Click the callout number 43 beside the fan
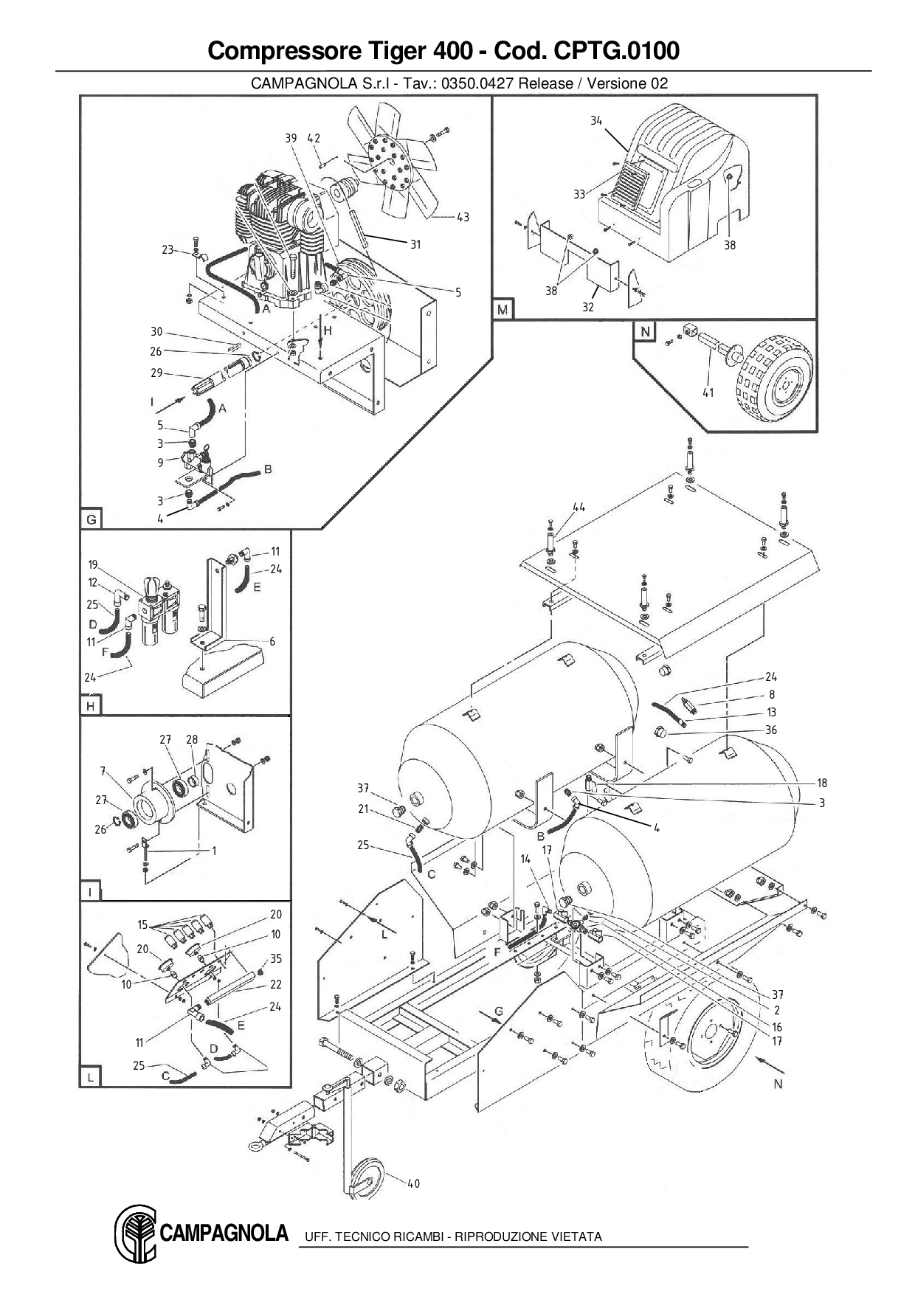click(x=463, y=217)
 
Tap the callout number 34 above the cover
click(x=596, y=120)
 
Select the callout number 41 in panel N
click(x=708, y=392)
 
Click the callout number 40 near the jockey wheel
click(x=413, y=1183)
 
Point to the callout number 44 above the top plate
click(x=579, y=507)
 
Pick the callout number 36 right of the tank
click(x=771, y=730)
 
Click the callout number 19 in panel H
click(x=93, y=565)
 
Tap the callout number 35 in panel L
click(x=276, y=958)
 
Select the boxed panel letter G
click(x=91, y=519)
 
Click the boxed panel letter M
click(x=503, y=310)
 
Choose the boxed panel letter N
click(x=645, y=332)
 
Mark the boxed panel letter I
click(x=90, y=892)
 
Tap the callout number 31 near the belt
click(x=415, y=244)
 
